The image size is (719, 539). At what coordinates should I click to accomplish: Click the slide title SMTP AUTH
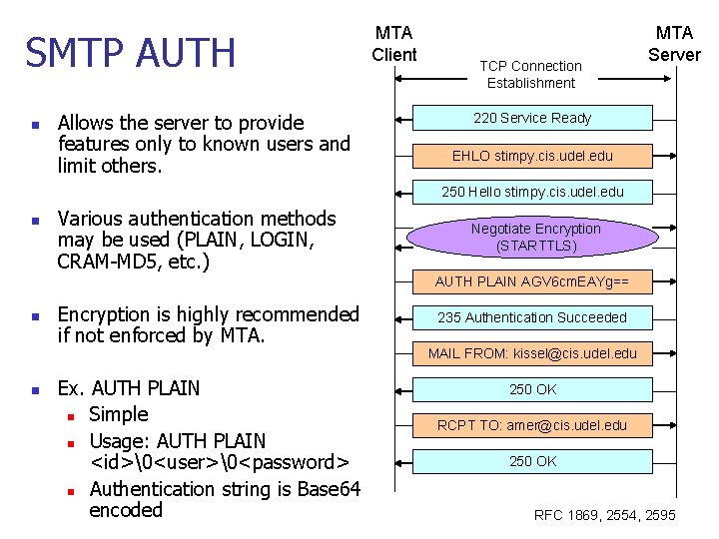coord(131,53)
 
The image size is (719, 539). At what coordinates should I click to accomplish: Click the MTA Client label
coord(394,44)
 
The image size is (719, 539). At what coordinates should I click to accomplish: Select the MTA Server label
coord(674,44)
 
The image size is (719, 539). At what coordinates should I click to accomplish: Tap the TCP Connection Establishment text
coord(530,74)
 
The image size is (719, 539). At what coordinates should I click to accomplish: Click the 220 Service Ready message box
coord(532,118)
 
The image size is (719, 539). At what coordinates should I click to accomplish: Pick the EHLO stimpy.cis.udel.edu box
coord(532,156)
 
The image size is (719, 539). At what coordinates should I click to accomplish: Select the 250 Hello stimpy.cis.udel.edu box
coord(532,192)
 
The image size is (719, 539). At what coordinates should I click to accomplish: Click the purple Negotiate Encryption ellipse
coord(535,237)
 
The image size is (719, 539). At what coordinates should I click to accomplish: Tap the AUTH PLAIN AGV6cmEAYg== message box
coord(532,280)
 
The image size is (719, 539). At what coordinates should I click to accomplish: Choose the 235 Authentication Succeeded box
coord(532,317)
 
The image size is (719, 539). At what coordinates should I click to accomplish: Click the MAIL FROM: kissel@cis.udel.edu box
coord(532,353)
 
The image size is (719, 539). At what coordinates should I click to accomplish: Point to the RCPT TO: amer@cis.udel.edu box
coord(532,425)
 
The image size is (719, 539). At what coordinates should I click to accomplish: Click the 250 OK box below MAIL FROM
coord(532,389)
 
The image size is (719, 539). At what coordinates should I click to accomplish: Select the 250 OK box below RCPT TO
coord(532,461)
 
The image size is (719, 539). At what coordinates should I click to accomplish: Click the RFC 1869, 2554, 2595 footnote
coord(605,515)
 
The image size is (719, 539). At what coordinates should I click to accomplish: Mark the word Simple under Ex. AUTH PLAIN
coord(118,414)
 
